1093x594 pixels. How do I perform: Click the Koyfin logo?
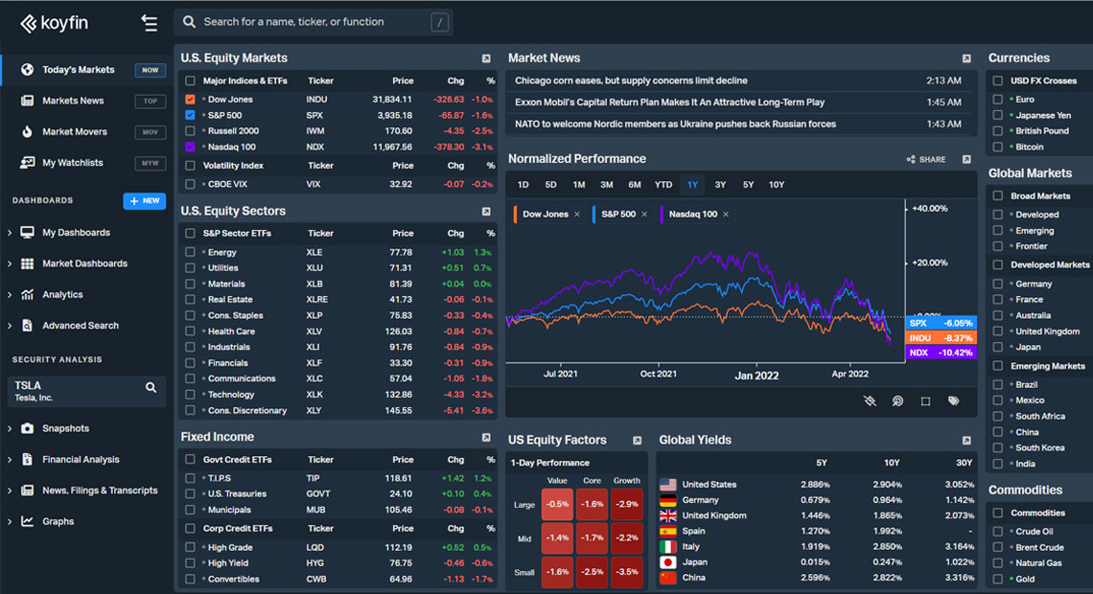pyautogui.click(x=54, y=23)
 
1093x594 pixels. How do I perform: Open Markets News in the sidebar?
pyautogui.click(x=73, y=101)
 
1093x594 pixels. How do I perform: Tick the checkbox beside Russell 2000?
pyautogui.click(x=190, y=131)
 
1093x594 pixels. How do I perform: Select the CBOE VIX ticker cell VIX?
pyautogui.click(x=314, y=184)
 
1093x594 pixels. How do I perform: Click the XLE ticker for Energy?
pyautogui.click(x=314, y=252)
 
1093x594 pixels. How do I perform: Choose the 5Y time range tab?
pyautogui.click(x=748, y=185)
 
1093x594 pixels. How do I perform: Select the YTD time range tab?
pyautogui.click(x=663, y=185)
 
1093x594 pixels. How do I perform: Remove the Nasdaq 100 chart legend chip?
pyautogui.click(x=726, y=215)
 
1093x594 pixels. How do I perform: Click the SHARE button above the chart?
pyautogui.click(x=925, y=160)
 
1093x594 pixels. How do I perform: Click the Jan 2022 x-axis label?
pyautogui.click(x=756, y=375)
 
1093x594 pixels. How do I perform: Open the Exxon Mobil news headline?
pyautogui.click(x=669, y=103)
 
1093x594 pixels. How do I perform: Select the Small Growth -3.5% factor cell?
pyautogui.click(x=626, y=572)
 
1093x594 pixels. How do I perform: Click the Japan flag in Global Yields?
pyautogui.click(x=668, y=562)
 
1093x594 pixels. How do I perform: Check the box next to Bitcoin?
pyautogui.click(x=998, y=147)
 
